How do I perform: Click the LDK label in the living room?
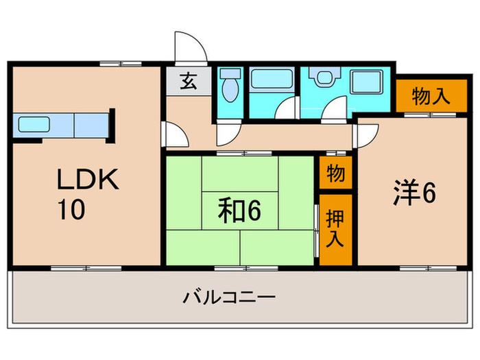(x=88, y=180)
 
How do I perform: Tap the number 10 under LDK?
(x=71, y=209)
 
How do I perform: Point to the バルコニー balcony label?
(x=229, y=298)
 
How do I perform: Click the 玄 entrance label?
(x=187, y=82)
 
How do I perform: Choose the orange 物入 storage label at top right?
(x=431, y=97)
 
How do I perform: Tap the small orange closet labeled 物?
(x=335, y=173)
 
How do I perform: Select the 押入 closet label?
(x=335, y=230)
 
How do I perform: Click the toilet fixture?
(x=230, y=87)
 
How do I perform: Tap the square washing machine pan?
(x=370, y=86)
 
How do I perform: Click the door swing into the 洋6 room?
(x=363, y=134)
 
